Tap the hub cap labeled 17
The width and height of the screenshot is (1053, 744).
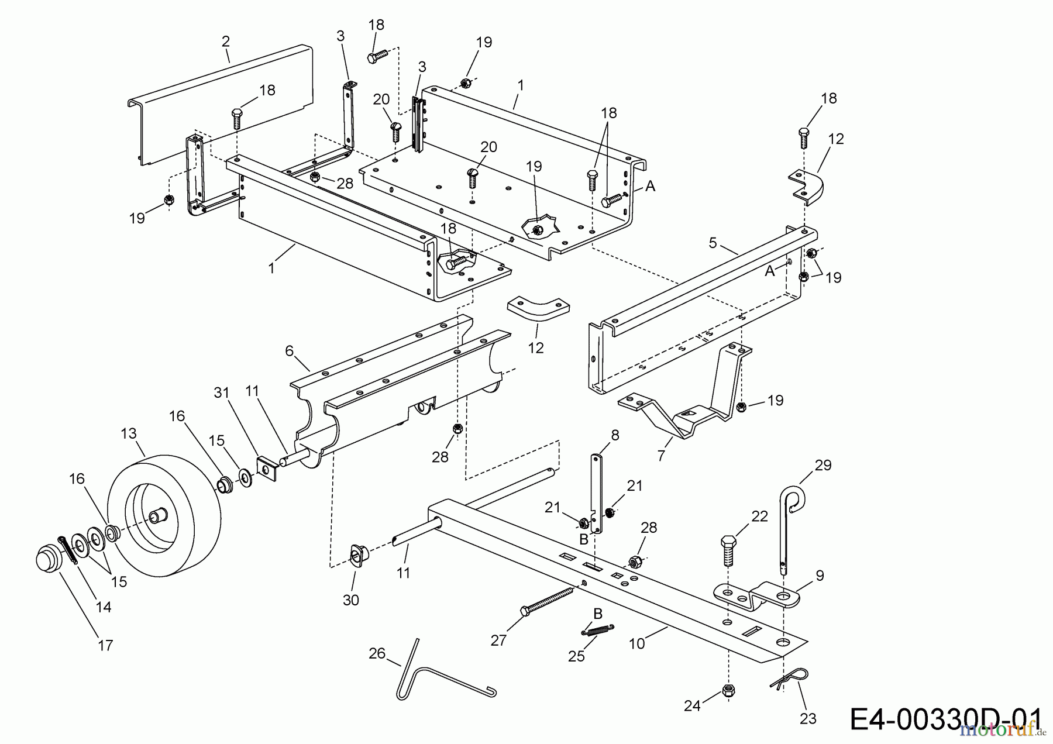46,559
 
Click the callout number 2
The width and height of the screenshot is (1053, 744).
225,41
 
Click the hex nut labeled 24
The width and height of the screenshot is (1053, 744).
727,691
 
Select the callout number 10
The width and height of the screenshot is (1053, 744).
636,643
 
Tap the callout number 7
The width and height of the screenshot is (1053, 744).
661,455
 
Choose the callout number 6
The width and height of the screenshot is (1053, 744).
289,350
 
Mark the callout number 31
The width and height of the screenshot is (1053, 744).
221,394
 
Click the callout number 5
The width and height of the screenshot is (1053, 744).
713,243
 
